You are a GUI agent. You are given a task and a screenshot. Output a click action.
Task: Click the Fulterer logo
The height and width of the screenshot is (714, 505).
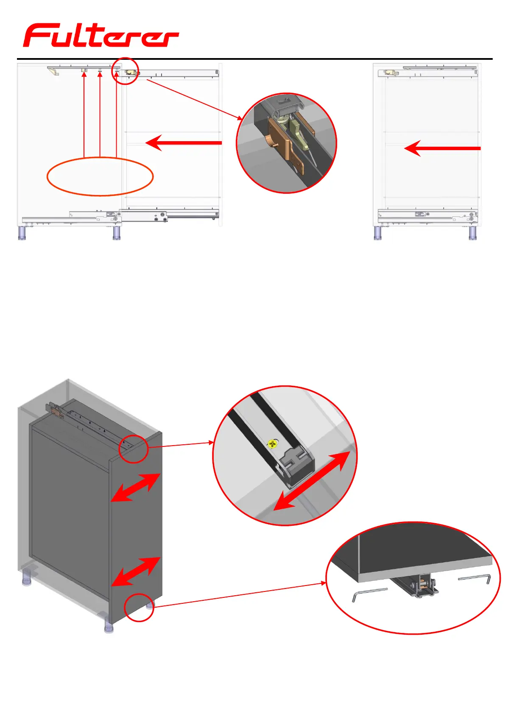tap(101, 35)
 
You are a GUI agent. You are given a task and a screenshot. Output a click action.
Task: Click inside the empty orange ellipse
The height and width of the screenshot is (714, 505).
tap(100, 176)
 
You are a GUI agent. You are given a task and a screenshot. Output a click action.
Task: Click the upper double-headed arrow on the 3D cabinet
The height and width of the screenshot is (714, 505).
tap(136, 488)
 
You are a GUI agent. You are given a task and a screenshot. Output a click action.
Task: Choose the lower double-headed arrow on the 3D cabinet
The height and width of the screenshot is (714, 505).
tap(136, 572)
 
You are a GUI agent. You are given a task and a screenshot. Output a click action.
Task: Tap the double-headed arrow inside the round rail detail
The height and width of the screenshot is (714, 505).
tap(312, 481)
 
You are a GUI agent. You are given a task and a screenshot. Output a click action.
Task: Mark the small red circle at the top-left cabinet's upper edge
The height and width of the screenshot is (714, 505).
tap(125, 71)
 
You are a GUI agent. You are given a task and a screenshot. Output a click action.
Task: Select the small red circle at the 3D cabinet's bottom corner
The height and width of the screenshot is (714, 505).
tap(139, 607)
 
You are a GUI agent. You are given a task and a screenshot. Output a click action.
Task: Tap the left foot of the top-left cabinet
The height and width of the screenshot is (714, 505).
tap(22, 233)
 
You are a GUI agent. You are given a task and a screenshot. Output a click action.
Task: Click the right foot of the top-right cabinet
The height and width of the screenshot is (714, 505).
tap(473, 233)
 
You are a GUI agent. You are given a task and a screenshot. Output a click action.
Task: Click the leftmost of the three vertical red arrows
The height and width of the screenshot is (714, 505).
tap(84, 114)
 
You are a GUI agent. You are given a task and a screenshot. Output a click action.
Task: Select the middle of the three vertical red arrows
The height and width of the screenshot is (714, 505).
tap(100, 114)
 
